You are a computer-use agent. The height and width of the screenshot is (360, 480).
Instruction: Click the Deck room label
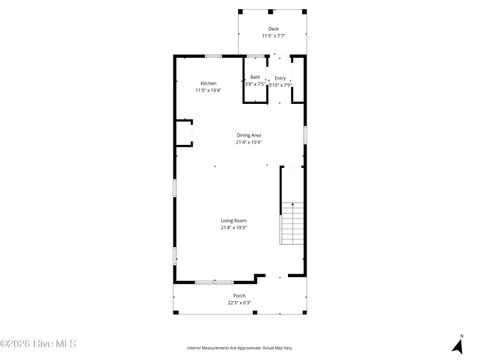click(274, 29)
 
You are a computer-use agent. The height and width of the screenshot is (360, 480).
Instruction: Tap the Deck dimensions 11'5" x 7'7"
click(274, 36)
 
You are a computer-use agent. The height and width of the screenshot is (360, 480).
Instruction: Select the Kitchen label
click(208, 83)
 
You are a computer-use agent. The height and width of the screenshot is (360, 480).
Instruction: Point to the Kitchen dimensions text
click(208, 90)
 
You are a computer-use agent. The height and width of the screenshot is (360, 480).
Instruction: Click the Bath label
click(255, 77)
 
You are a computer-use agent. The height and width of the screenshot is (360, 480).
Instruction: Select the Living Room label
click(233, 220)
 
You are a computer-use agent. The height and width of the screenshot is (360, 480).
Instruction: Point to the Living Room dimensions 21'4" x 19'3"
click(233, 227)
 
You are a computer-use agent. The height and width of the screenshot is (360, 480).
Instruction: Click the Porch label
click(239, 296)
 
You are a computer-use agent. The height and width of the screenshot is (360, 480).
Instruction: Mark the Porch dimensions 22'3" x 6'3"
click(239, 303)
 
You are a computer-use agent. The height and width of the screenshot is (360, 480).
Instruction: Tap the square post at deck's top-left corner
click(239, 12)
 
